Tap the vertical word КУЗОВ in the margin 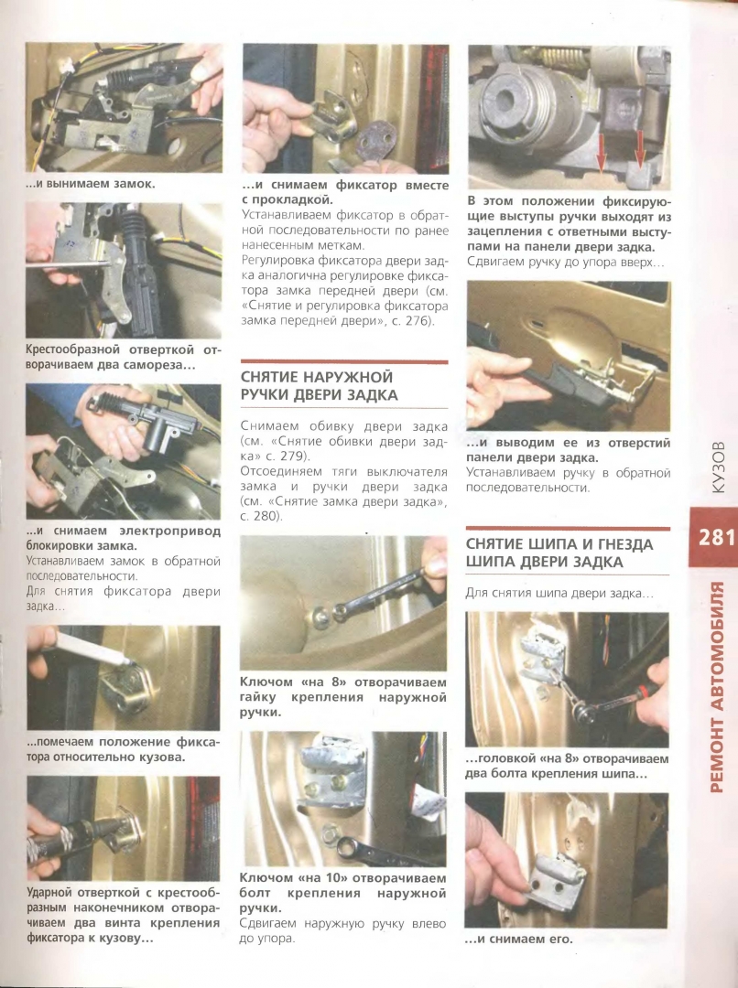(718, 467)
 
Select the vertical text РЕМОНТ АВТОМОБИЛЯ (717, 687)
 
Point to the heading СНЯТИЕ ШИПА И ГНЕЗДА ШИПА (559, 553)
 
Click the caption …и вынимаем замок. (91, 184)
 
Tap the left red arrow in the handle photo (600, 153)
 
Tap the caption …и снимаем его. (519, 939)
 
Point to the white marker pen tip (128, 661)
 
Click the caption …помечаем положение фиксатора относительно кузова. (124, 749)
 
